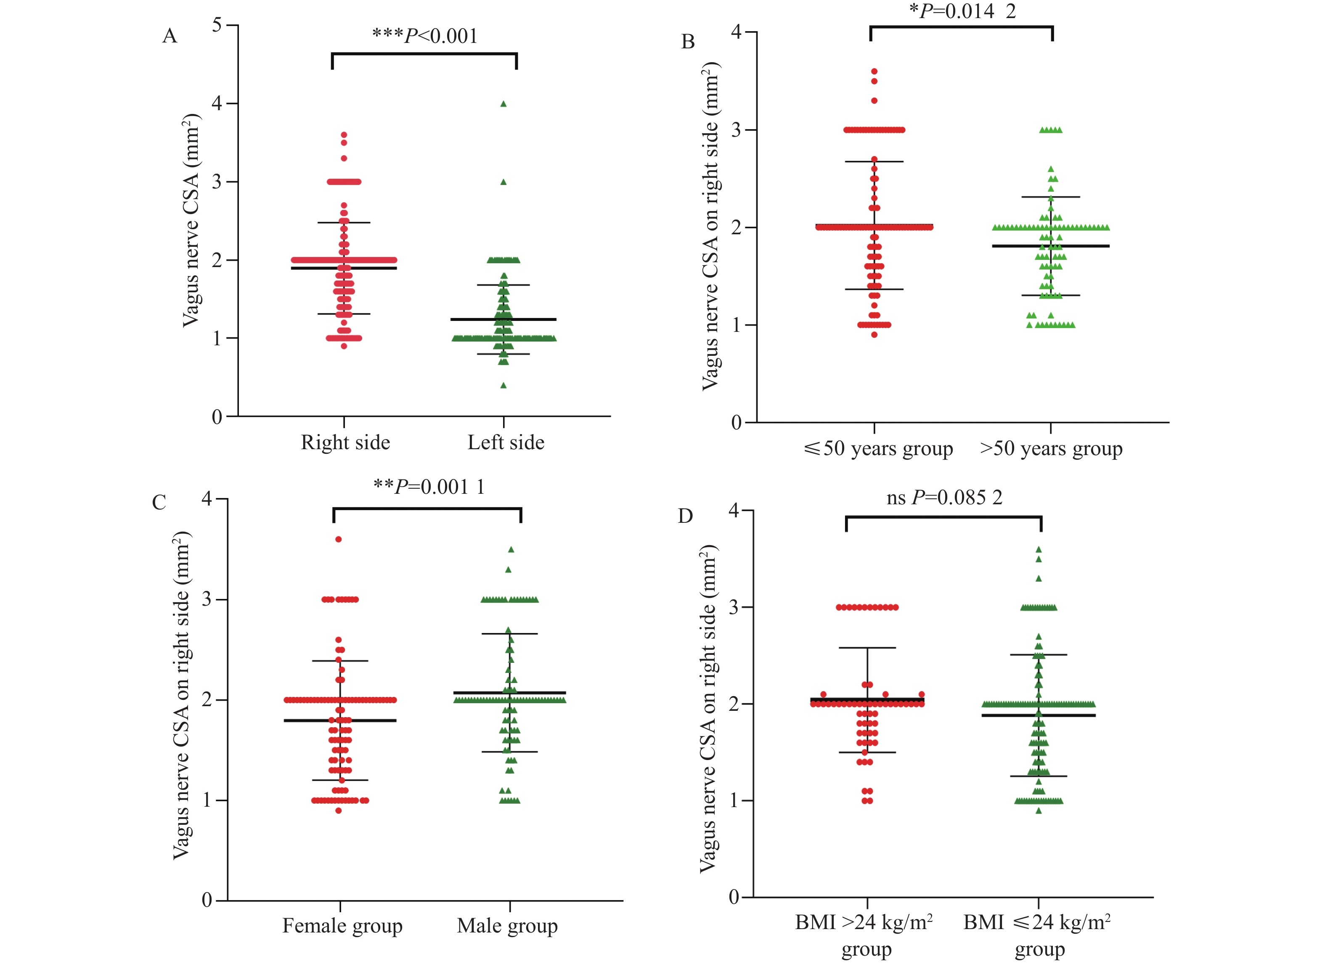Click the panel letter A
pyautogui.click(x=170, y=36)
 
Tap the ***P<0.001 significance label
pyautogui.click(x=425, y=36)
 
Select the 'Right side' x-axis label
pyautogui.click(x=345, y=442)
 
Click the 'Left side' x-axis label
pyautogui.click(x=506, y=442)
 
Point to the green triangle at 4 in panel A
pyautogui.click(x=503, y=104)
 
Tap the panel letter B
pyautogui.click(x=688, y=42)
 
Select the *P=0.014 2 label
pyautogui.click(x=962, y=11)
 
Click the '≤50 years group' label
pyautogui.click(x=878, y=449)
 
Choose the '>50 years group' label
pyautogui.click(x=1051, y=449)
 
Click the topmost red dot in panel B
pyautogui.click(x=874, y=71)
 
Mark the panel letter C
pyautogui.click(x=159, y=503)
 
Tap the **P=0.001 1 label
pyautogui.click(x=429, y=487)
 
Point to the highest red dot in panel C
pyautogui.click(x=338, y=539)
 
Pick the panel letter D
pyautogui.click(x=685, y=516)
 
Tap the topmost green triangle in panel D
pyautogui.click(x=1039, y=549)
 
